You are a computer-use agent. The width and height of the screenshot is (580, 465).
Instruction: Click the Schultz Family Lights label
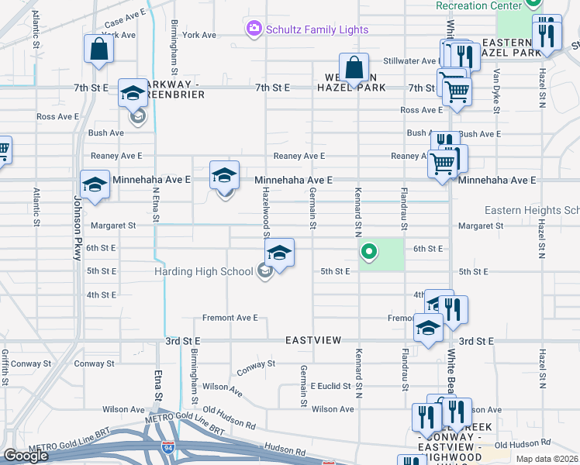pos(317,29)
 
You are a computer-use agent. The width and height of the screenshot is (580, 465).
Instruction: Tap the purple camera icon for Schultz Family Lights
pos(254,29)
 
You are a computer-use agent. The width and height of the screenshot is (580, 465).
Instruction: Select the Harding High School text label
pos(203,271)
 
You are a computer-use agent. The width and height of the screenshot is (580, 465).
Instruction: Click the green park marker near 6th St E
pos(370,251)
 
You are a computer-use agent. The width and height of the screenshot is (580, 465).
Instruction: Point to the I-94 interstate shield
pos(168,448)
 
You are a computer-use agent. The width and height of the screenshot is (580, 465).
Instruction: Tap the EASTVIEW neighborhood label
pos(313,340)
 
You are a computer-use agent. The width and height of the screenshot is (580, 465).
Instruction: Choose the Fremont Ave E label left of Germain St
pos(230,318)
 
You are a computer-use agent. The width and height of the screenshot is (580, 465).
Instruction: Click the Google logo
pos(26,456)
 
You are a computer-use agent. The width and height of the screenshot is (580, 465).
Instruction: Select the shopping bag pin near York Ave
pos(99,49)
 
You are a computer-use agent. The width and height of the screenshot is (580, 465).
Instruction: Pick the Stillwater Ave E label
pos(412,60)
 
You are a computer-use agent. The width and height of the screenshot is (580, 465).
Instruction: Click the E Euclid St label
pos(331,386)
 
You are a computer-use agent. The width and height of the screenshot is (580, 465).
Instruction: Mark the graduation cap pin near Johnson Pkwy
pos(95,184)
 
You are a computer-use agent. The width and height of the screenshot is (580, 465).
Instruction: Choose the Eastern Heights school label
pos(531,210)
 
